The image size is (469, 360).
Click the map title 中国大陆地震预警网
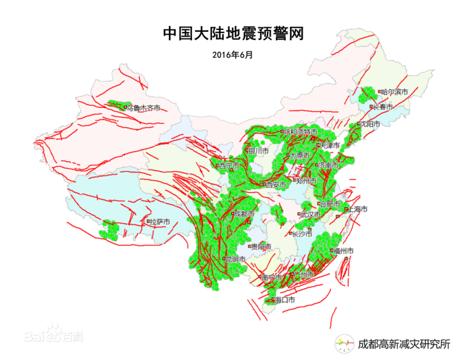tap(233, 34)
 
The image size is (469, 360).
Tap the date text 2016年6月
tap(233, 55)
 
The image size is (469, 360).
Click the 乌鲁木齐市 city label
tap(143, 108)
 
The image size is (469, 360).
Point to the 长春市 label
tap(382, 107)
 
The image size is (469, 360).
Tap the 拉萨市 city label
tap(159, 221)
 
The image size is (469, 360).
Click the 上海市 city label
tap(355, 209)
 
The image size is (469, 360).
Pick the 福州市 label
tap(343, 251)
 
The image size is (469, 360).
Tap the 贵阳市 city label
tap(261, 247)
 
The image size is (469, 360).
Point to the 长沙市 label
tap(301, 234)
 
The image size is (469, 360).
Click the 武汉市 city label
tap(310, 214)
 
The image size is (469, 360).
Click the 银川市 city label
tap(258, 151)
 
